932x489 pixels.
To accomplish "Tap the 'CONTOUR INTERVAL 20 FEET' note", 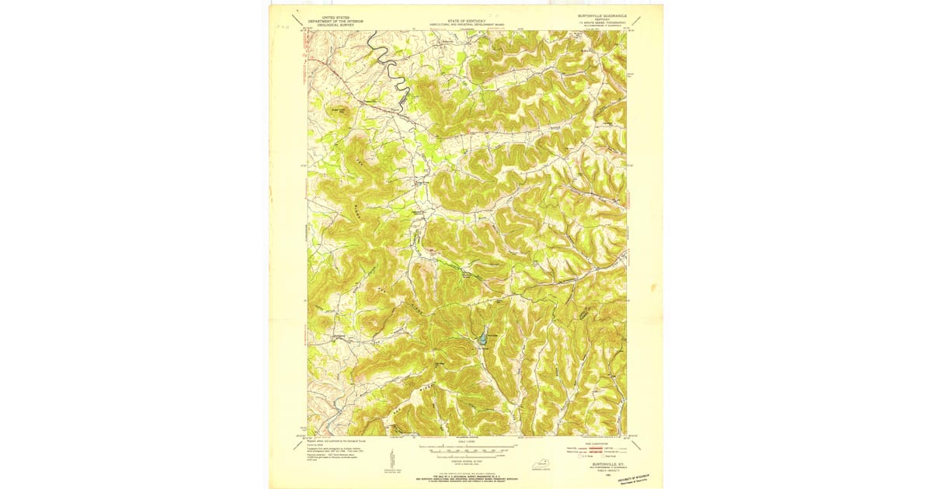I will tap(466, 461).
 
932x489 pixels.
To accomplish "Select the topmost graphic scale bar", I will tap(466, 447).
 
